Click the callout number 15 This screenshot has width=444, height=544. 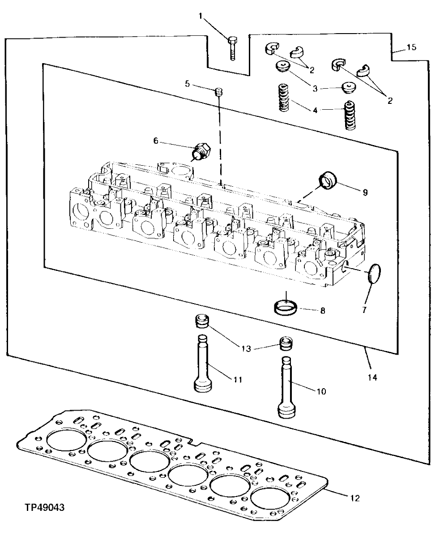(411, 47)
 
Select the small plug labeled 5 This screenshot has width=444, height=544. (219, 92)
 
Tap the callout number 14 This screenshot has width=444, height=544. (372, 377)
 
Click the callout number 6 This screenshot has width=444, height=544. (156, 141)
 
